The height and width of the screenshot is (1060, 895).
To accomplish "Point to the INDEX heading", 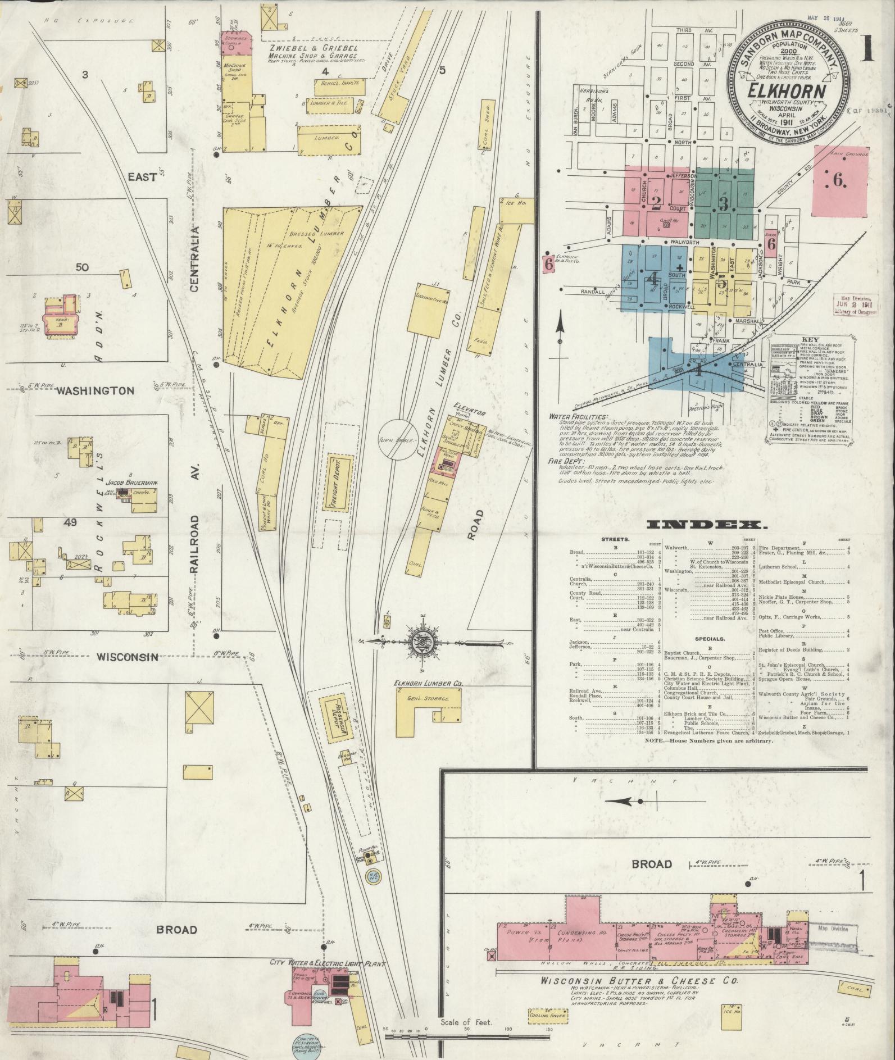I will click(706, 525).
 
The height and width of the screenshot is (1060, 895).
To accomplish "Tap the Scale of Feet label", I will click(466, 1038).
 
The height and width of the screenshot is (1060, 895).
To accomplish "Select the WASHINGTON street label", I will click(95, 390).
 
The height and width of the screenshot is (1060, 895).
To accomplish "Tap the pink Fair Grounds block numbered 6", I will click(841, 181).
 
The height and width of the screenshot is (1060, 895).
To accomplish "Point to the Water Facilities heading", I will click(582, 417).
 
